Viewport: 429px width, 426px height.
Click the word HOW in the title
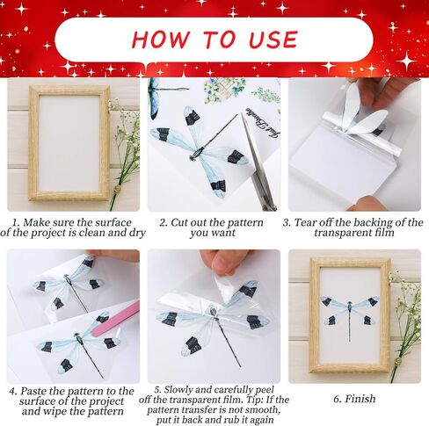(x=161, y=40)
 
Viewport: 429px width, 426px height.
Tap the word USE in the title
(x=273, y=40)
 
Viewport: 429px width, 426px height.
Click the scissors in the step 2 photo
(x=258, y=161)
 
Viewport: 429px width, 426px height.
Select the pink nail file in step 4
(x=115, y=321)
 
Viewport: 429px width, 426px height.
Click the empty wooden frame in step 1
(x=69, y=143)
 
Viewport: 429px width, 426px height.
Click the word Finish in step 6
(x=360, y=399)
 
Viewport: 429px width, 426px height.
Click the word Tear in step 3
(x=305, y=222)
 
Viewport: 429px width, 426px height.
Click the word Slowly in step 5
(x=177, y=390)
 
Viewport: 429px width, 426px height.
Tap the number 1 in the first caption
(x=15, y=222)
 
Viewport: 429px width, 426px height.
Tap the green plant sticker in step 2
(x=225, y=89)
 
